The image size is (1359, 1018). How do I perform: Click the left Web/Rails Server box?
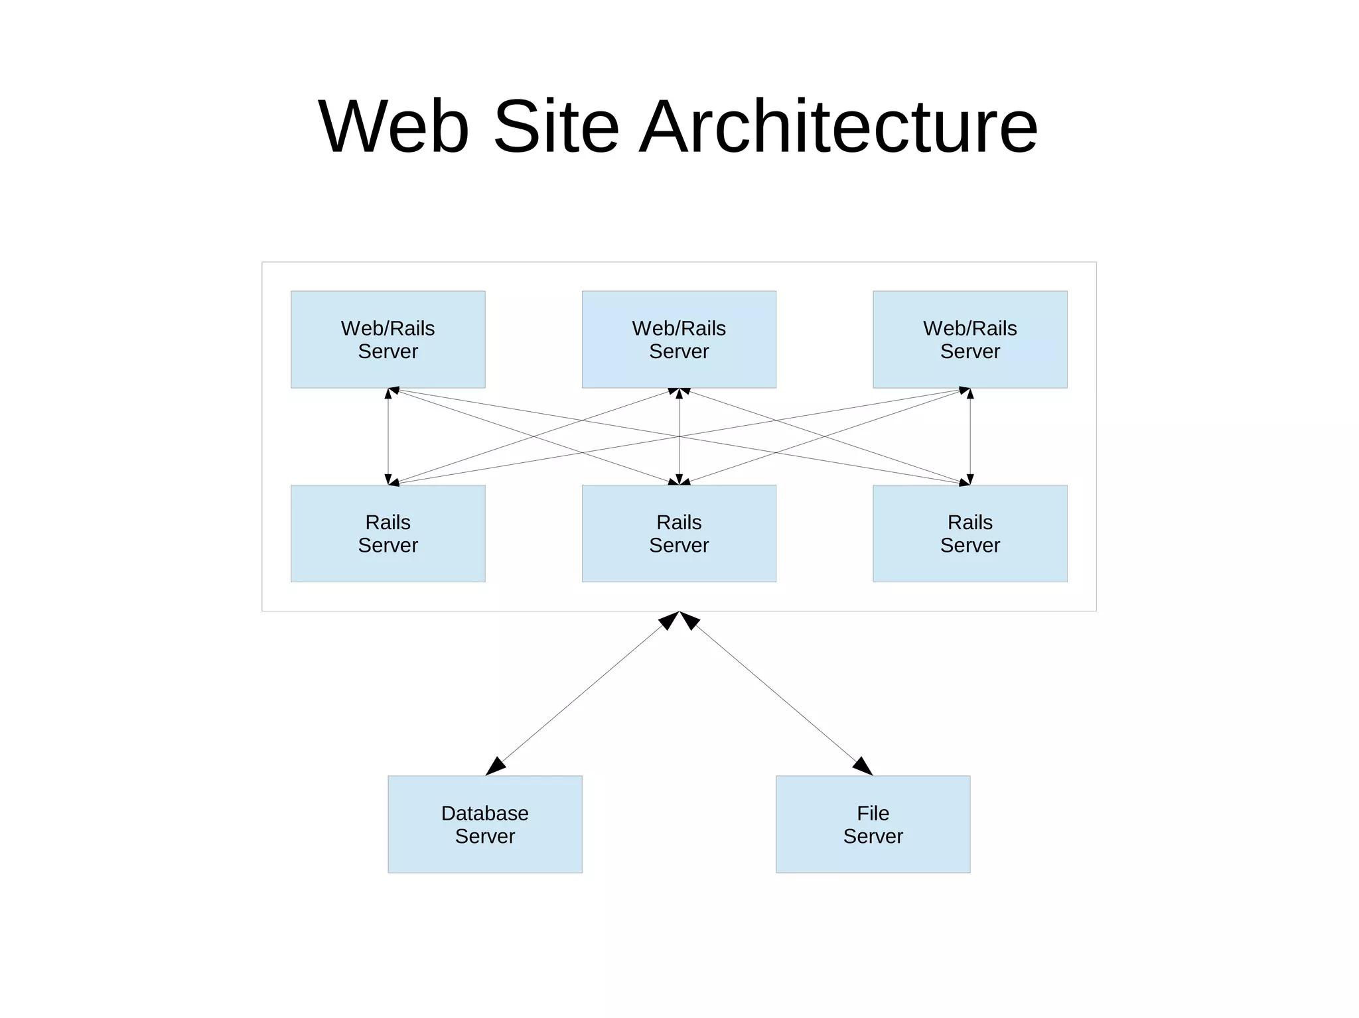pos(388,340)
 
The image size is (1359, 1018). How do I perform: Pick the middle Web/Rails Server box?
pos(679,340)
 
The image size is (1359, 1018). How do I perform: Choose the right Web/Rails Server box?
pos(969,340)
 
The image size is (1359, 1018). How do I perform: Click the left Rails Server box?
pos(388,533)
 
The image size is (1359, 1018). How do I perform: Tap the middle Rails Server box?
pos(679,533)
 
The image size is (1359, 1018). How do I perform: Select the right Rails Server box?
pos(969,533)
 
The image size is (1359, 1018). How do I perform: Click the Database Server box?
pos(484,824)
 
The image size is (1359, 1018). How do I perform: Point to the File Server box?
pos(873,824)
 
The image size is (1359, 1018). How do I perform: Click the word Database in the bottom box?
pos(484,813)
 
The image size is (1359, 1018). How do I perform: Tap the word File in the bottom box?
pos(873,813)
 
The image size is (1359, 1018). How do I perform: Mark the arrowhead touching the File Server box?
pos(863,766)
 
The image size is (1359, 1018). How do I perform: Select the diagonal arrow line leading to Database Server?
pos(583,692)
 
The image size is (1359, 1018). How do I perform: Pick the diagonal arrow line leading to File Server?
pos(776,692)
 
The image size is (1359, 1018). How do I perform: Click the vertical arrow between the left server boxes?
pos(388,436)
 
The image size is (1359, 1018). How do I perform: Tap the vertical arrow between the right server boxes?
pos(970,436)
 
